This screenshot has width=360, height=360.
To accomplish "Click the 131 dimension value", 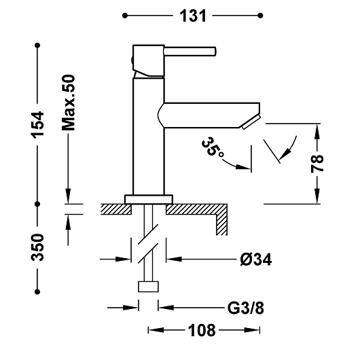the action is (x=193, y=16).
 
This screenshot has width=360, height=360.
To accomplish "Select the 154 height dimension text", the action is (x=37, y=125).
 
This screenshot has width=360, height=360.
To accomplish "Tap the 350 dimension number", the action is (x=37, y=247).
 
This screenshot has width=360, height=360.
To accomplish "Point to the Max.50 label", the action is (x=69, y=103).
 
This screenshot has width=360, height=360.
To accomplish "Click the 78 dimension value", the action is (x=317, y=164).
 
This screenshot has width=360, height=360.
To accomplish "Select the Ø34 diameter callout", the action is (x=256, y=259).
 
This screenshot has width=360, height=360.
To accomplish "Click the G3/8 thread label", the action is (x=246, y=308).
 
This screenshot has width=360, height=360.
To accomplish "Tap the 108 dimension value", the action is (x=202, y=330).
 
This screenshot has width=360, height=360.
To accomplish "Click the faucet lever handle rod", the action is (x=190, y=51).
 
